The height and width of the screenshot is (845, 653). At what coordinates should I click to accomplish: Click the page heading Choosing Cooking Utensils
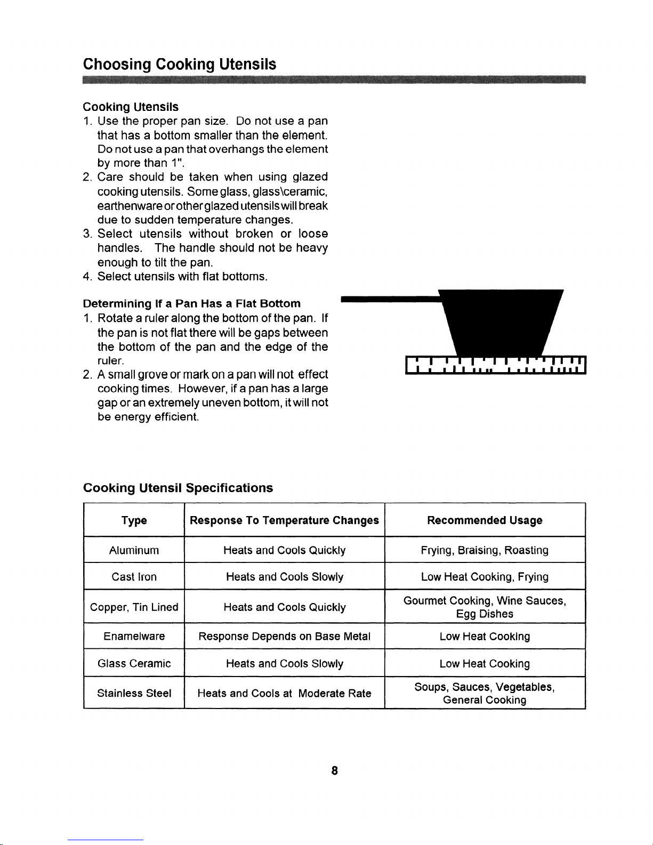click(x=180, y=65)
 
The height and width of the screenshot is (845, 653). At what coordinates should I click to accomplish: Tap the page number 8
click(x=334, y=770)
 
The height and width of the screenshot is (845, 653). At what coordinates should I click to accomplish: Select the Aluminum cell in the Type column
click(x=134, y=550)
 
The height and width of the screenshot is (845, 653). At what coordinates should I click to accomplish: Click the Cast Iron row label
click(x=134, y=577)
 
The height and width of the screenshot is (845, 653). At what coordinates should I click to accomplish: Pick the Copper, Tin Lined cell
click(x=134, y=607)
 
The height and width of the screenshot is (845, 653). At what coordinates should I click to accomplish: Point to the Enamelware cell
click(x=134, y=637)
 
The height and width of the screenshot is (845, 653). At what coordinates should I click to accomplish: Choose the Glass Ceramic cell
click(x=134, y=664)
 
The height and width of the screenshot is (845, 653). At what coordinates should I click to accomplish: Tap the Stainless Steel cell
click(x=134, y=693)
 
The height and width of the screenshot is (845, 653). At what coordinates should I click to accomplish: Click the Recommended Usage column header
click(x=485, y=520)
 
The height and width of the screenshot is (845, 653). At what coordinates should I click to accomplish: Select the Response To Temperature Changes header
click(x=284, y=520)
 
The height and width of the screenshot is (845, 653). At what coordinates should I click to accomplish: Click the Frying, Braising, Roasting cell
click(x=485, y=550)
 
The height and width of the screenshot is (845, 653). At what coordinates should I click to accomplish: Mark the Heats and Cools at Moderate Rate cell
click(x=284, y=693)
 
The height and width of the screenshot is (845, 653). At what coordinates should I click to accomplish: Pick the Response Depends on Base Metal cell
click(x=284, y=637)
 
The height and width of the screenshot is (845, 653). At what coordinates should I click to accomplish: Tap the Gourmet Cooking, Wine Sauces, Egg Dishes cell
click(x=485, y=607)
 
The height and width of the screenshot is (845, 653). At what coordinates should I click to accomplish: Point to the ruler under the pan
click(x=496, y=365)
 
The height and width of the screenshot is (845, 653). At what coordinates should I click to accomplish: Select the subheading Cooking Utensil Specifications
click(x=178, y=488)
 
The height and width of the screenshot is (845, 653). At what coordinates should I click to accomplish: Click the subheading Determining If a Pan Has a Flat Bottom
click(x=192, y=303)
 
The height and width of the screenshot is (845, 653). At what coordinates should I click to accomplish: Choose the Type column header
click(x=134, y=520)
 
